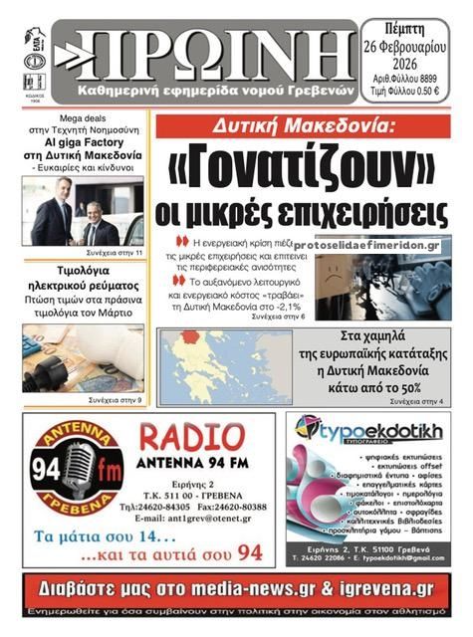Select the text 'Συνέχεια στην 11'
(115, 254)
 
